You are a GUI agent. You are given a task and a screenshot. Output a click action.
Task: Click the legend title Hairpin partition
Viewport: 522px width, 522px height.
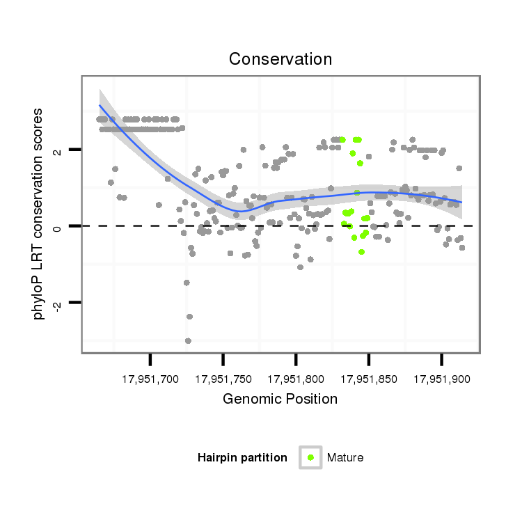click(242, 458)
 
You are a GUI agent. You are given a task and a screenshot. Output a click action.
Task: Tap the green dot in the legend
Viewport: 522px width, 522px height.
click(310, 457)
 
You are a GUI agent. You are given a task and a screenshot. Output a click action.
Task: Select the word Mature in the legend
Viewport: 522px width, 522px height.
click(345, 458)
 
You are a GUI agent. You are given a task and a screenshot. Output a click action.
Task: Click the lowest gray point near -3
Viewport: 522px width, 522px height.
click(188, 340)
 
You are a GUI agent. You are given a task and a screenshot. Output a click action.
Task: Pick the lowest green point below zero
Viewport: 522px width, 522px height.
click(361, 252)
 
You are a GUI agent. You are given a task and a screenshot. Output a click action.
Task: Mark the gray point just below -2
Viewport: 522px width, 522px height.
click(189, 317)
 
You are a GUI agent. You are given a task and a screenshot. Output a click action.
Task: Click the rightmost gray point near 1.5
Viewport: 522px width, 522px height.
click(459, 168)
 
